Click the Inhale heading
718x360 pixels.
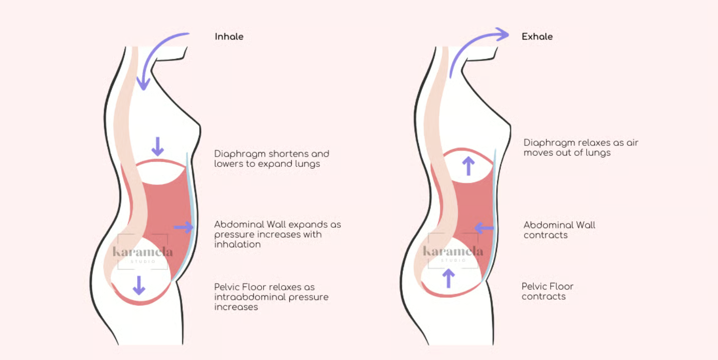click(229, 36)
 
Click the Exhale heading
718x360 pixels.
click(537, 36)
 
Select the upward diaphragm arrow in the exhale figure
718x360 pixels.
click(468, 166)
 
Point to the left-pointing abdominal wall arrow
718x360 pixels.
click(484, 228)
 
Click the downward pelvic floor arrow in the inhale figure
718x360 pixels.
click(139, 285)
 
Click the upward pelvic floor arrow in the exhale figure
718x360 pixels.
click(448, 277)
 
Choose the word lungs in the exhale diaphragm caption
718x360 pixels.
click(598, 153)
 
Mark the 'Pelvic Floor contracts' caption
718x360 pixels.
click(547, 291)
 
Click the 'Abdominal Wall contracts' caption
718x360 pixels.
click(559, 230)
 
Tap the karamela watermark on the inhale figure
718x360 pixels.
click(143, 252)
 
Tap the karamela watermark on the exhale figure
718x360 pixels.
click(452, 252)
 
